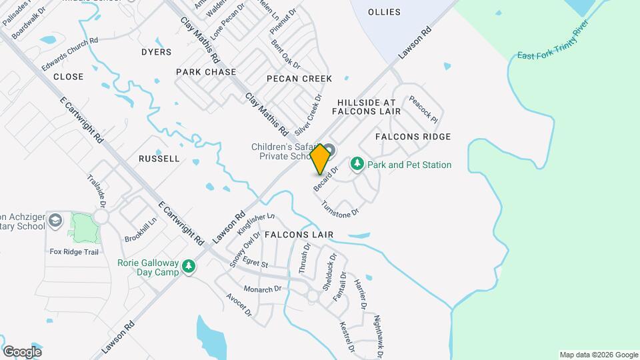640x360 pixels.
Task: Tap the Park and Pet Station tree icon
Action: point(357,164)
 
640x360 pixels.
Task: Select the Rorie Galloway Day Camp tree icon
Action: point(189,267)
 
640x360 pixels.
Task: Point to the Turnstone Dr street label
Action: point(340,208)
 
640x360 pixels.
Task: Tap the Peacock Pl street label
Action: point(423,111)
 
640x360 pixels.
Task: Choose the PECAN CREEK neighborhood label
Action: point(299,79)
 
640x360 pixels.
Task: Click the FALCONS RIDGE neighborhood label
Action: point(413,137)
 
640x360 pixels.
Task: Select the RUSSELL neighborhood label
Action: point(159,159)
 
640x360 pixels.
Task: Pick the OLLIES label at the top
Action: point(385,12)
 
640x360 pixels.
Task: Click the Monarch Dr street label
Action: point(263,289)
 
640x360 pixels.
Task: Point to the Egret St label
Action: point(255,265)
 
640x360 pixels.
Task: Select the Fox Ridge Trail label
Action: point(74,252)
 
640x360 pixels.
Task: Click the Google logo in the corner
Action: point(22,352)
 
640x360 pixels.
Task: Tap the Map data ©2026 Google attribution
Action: point(599,355)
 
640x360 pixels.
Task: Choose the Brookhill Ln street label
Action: point(140,229)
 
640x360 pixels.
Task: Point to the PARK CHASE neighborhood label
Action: point(206,72)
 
